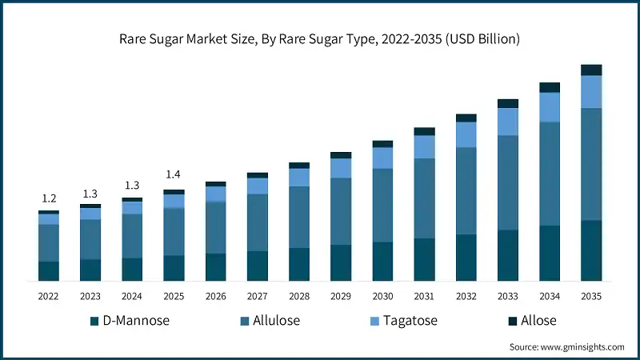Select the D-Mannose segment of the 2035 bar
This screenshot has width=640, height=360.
click(x=591, y=250)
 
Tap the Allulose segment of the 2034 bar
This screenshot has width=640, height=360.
click(x=550, y=174)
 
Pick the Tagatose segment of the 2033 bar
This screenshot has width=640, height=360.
click(x=508, y=122)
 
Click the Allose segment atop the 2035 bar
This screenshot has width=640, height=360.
click(x=591, y=70)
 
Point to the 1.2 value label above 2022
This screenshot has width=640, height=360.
click(x=49, y=198)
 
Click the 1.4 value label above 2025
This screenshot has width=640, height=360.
click(x=174, y=174)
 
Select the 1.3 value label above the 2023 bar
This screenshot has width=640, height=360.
click(x=90, y=193)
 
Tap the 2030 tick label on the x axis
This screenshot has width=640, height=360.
click(x=382, y=296)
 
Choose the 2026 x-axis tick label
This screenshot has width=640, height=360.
click(x=216, y=296)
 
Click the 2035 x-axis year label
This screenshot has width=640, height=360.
click(x=591, y=296)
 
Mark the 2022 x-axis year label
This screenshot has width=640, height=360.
click(x=49, y=296)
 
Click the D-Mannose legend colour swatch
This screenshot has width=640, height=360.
click(x=95, y=321)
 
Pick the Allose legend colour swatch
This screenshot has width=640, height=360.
click(x=513, y=321)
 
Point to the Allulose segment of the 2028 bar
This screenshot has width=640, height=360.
click(x=299, y=217)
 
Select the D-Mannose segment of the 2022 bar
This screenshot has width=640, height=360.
click(x=49, y=271)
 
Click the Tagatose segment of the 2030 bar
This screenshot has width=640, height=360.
click(x=382, y=158)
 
